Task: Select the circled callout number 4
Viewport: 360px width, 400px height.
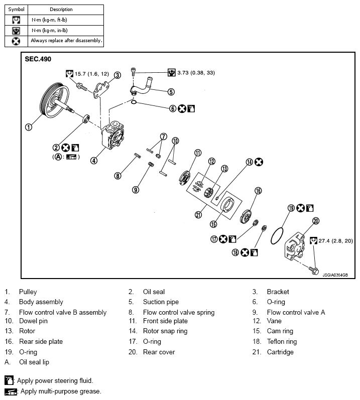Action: tap(93, 161)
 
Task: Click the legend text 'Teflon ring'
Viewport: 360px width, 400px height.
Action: tap(282, 341)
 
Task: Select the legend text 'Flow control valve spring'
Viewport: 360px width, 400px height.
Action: tap(179, 312)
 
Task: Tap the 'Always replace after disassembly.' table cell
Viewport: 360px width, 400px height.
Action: tap(66, 40)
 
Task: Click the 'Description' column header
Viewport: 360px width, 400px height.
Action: tap(61, 10)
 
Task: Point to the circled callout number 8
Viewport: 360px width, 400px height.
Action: tap(117, 176)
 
